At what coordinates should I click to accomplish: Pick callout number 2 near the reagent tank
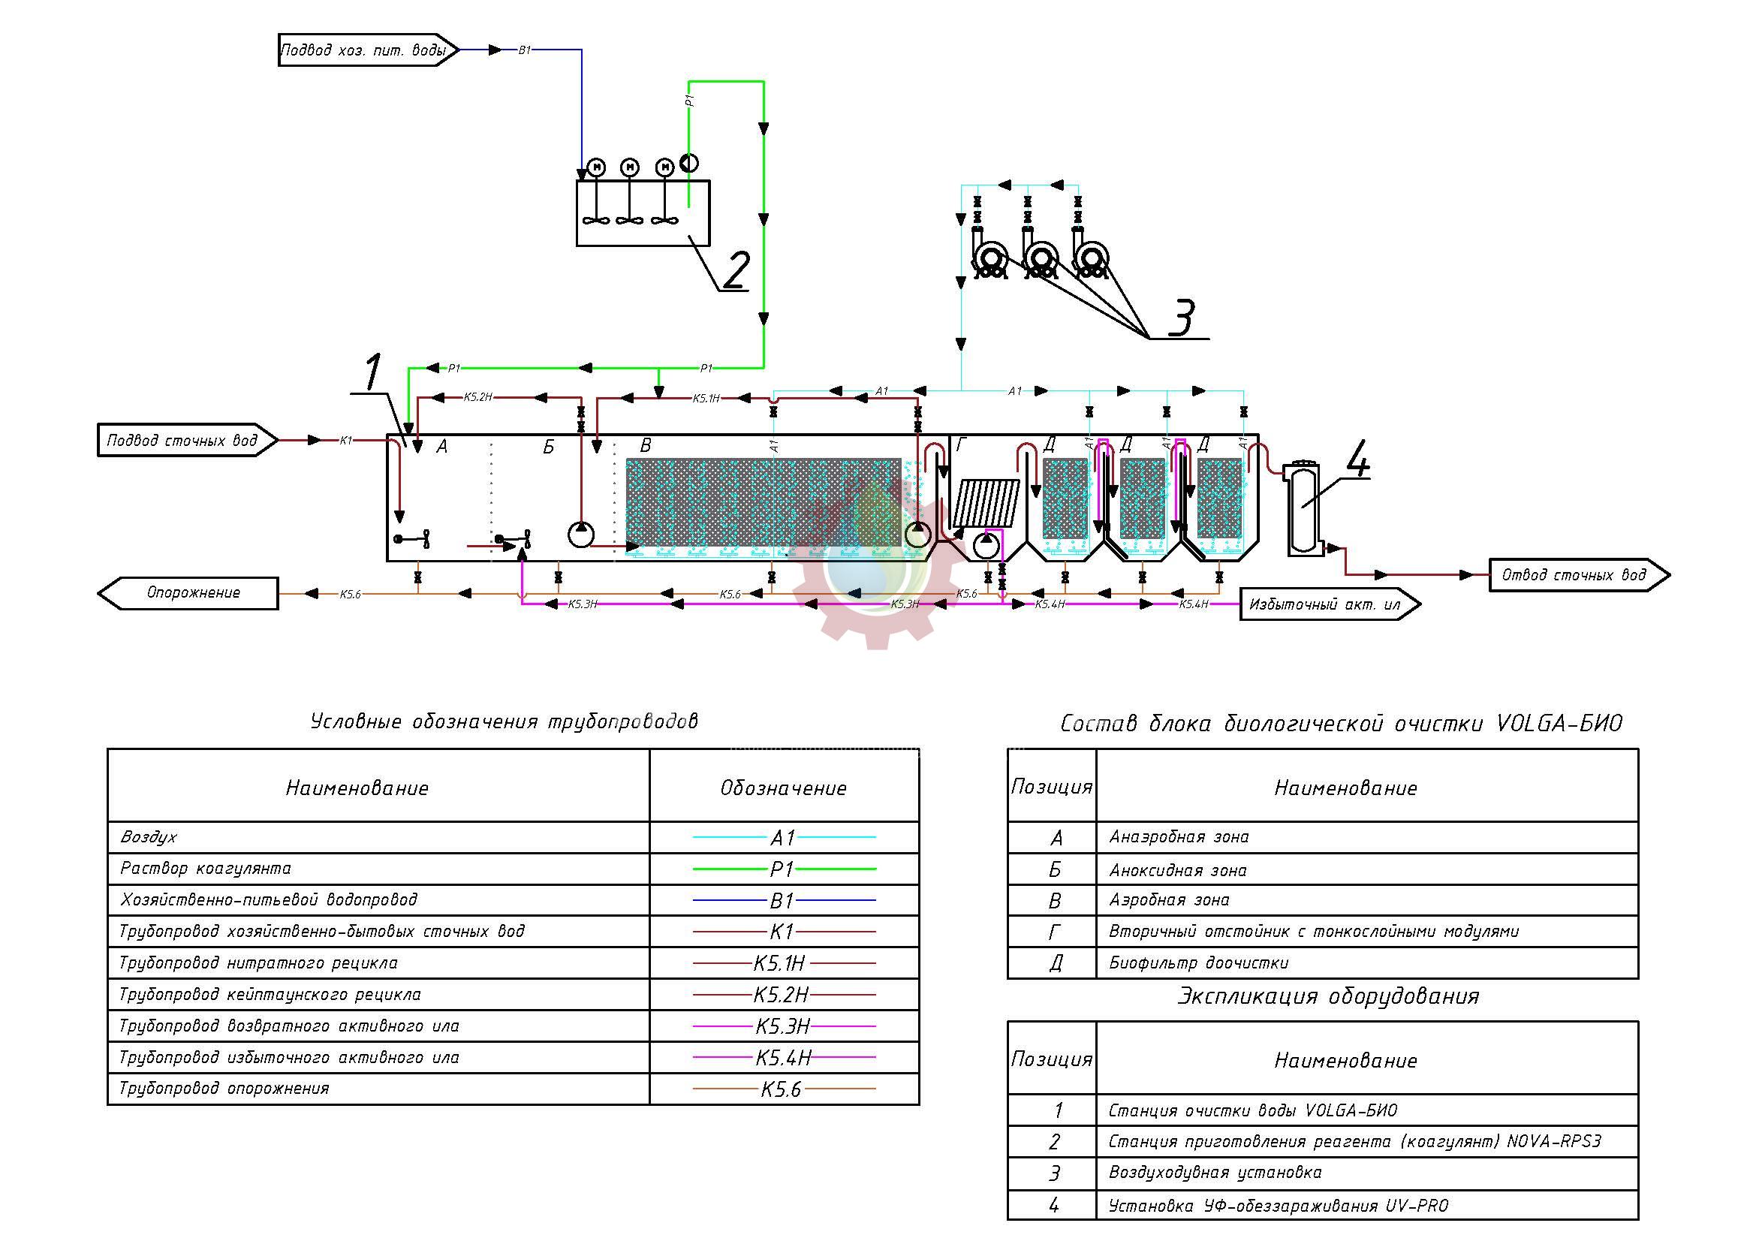point(735,270)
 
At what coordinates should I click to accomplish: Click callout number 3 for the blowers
point(1182,317)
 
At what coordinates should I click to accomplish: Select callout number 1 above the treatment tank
point(372,372)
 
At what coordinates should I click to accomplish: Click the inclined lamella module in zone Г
point(986,502)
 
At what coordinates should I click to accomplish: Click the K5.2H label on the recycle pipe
point(478,398)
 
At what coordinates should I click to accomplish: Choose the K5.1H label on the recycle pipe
point(706,399)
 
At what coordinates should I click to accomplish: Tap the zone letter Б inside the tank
point(548,447)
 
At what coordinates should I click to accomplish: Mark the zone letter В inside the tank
point(646,446)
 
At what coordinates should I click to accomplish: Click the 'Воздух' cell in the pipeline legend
point(149,837)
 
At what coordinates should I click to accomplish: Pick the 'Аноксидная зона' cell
point(1178,870)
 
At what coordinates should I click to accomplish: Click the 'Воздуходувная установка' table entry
point(1215,1172)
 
